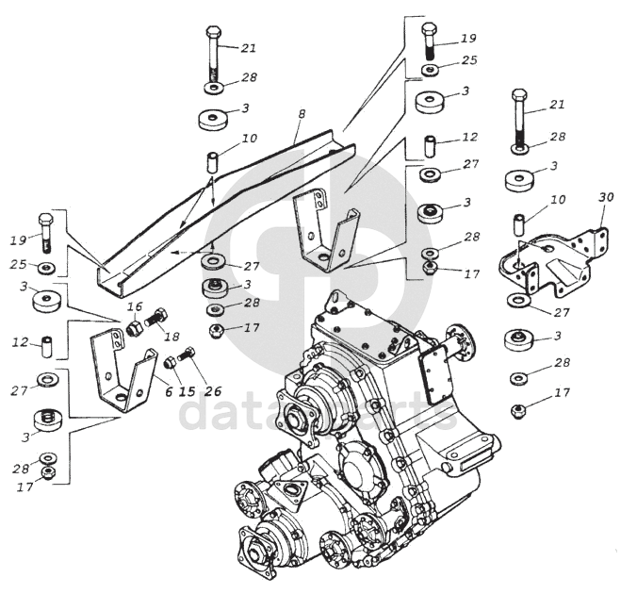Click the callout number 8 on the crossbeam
pos(301,114)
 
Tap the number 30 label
pos(606,197)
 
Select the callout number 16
pos(134,307)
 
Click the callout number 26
pos(212,391)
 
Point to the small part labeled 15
pos(171,361)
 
